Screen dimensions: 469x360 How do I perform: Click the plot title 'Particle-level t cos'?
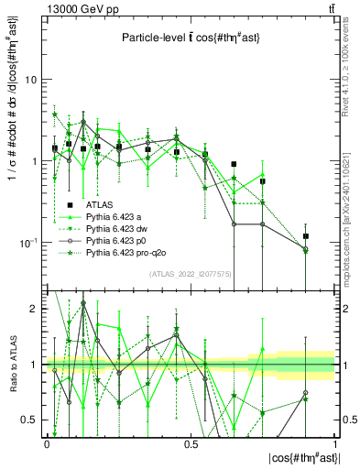pyautogui.click(x=190, y=38)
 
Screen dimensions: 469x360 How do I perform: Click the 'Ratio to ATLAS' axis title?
pyautogui.click(x=12, y=365)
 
